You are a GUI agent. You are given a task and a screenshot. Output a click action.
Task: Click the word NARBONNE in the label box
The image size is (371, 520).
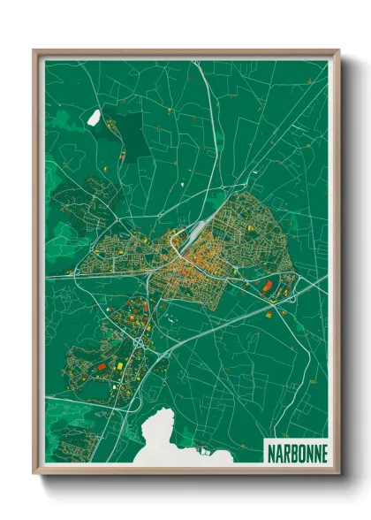[x=296, y=452]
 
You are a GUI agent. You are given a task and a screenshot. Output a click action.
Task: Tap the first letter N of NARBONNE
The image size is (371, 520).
[x=270, y=452]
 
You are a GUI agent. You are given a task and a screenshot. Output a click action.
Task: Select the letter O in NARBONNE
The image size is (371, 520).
[x=299, y=452]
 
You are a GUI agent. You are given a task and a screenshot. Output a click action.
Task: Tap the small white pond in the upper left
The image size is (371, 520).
[x=93, y=116]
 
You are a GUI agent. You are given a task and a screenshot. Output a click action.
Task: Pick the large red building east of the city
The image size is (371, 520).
[x=267, y=286]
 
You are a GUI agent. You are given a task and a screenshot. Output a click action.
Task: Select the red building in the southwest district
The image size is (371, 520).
[x=100, y=364]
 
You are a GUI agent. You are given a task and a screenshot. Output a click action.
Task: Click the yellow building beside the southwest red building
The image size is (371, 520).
[x=111, y=361]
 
